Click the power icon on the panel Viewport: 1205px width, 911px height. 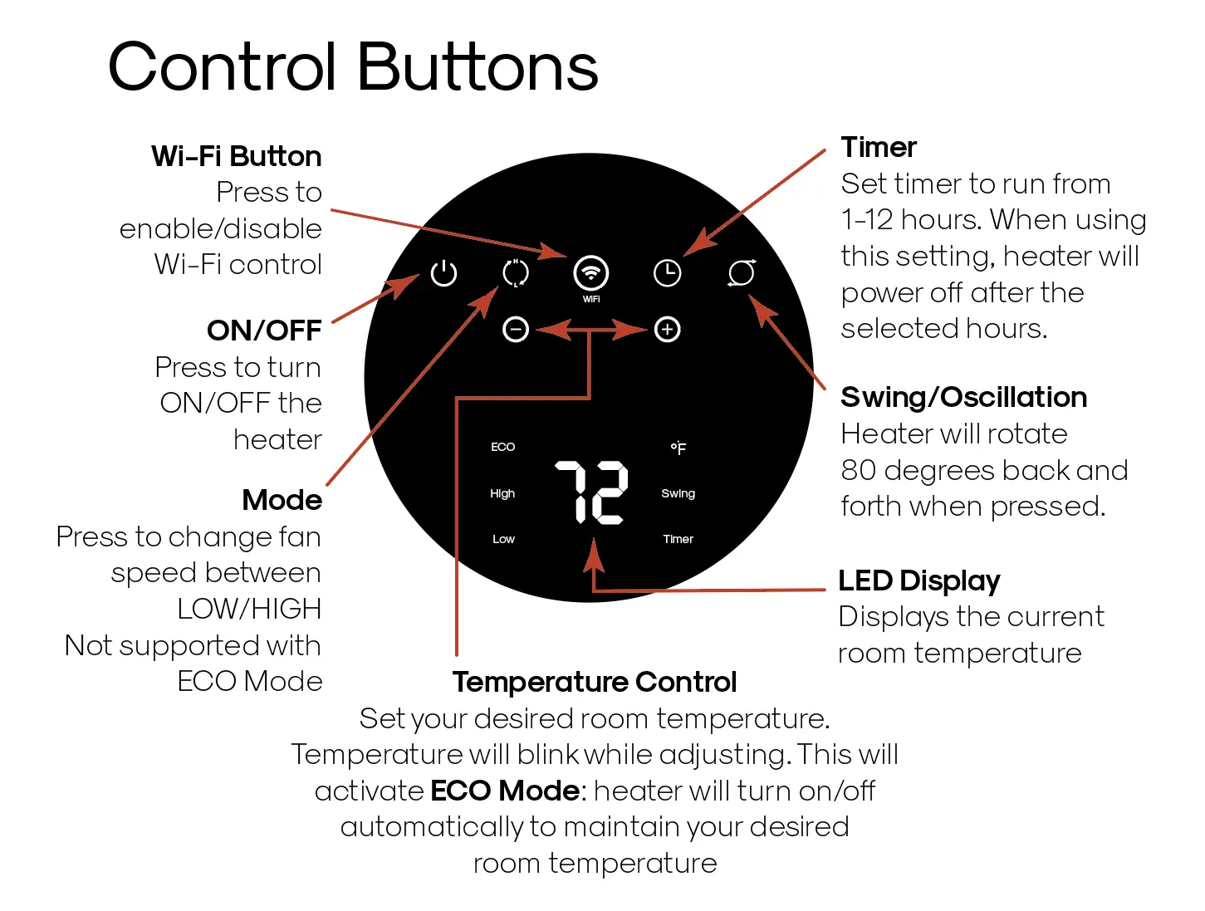[x=443, y=272]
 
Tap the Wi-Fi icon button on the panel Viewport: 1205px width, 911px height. [x=590, y=272]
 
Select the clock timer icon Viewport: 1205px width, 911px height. [x=667, y=272]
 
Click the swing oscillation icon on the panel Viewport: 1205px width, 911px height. [x=742, y=272]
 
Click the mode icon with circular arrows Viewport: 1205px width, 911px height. [x=516, y=272]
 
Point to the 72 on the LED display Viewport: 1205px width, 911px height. [x=591, y=492]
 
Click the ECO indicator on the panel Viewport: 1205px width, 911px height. [x=502, y=447]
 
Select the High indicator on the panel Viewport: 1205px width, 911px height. [x=502, y=493]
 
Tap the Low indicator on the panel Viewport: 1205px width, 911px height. [x=503, y=539]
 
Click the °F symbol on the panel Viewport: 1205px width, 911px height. [x=678, y=448]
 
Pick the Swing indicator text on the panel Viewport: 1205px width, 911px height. [x=678, y=493]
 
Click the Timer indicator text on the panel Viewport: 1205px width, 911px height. [x=678, y=539]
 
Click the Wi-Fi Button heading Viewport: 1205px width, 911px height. [x=236, y=156]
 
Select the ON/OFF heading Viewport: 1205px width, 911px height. [x=264, y=331]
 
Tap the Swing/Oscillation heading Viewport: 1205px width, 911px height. [x=963, y=397]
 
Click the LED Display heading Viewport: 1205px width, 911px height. [x=918, y=580]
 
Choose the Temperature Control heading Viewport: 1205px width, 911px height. [x=594, y=682]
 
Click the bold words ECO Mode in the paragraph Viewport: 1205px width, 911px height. [x=505, y=791]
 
